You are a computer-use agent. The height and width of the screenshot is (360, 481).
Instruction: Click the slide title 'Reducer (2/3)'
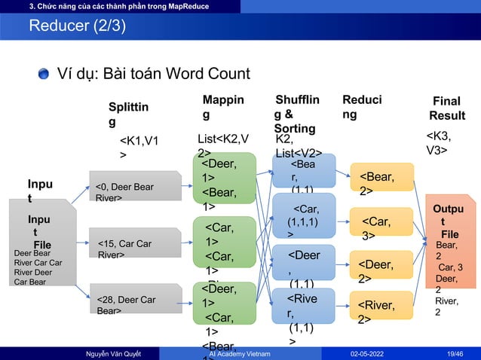point(78,27)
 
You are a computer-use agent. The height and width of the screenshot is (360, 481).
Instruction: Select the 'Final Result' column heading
point(446,108)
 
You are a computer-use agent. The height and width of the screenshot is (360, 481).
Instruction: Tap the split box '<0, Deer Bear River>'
point(135,188)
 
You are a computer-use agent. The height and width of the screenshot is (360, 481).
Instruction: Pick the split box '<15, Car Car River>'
point(135,244)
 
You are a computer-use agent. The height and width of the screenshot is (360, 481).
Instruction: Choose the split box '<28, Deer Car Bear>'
point(135,300)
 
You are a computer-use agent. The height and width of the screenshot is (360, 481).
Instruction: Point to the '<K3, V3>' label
point(440,142)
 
